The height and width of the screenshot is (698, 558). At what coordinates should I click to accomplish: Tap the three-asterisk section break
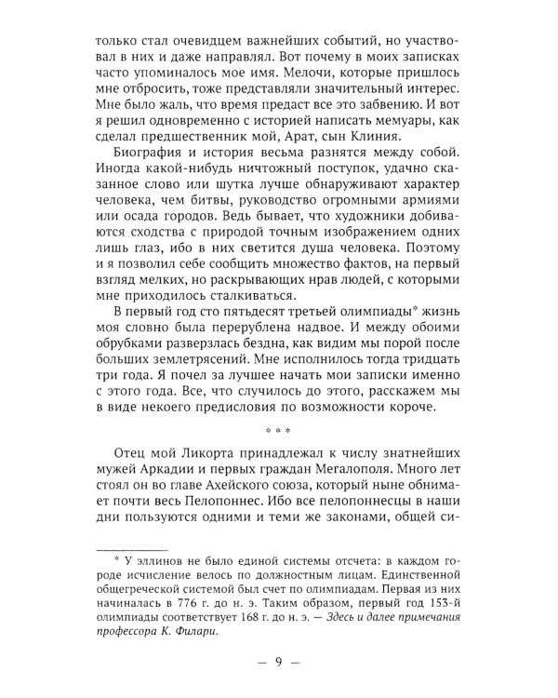(x=278, y=431)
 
